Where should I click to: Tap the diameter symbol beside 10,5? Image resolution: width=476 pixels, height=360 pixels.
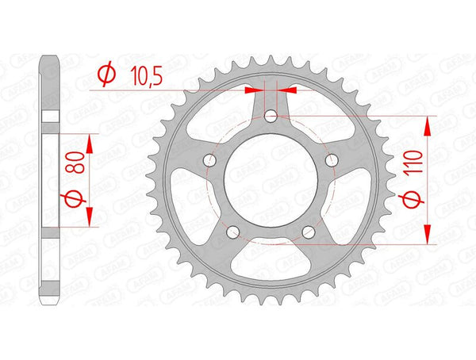[104, 75]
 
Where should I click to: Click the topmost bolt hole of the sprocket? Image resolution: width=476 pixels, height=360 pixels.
[271, 117]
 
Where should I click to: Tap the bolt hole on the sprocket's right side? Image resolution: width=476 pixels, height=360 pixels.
[332, 162]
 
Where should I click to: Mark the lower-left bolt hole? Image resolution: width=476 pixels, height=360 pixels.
[233, 232]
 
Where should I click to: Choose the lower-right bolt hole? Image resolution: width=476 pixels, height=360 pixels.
[308, 232]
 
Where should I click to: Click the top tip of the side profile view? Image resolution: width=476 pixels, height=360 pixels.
[50, 56]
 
